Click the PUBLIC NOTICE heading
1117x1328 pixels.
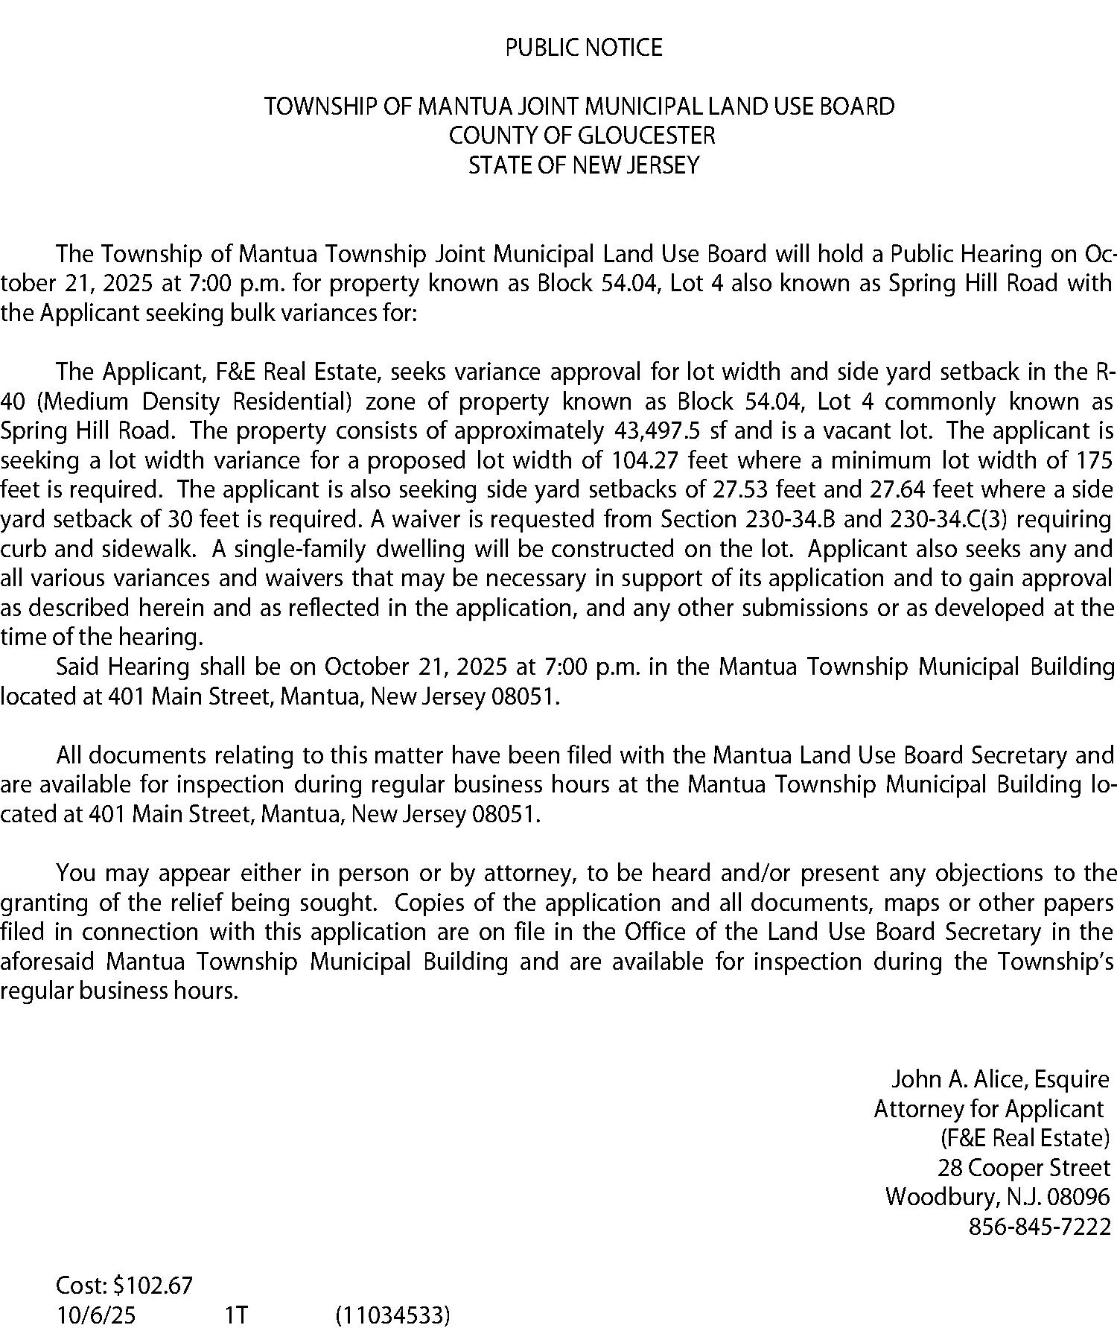583,48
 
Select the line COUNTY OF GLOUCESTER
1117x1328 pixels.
581,136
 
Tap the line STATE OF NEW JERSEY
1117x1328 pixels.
583,165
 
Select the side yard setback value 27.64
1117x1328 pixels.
897,490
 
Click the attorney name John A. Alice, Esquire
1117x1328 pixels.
1000,1079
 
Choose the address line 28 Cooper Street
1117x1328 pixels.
1024,1167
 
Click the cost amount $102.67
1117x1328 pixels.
153,1285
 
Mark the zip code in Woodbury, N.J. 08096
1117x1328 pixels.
1078,1197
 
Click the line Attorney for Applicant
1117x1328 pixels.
988,1109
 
